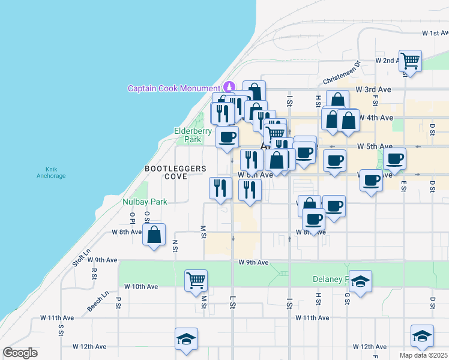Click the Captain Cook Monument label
[x=173, y=88]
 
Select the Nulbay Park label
[x=145, y=202]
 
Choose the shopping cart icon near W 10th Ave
[x=196, y=280]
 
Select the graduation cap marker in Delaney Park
[x=360, y=281]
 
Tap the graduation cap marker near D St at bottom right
[x=422, y=336]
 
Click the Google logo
[x=20, y=353]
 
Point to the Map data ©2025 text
[x=423, y=355]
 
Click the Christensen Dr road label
[x=340, y=72]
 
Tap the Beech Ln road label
[x=98, y=301]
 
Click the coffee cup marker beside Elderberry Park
[x=227, y=137]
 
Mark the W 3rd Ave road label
[x=373, y=89]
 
